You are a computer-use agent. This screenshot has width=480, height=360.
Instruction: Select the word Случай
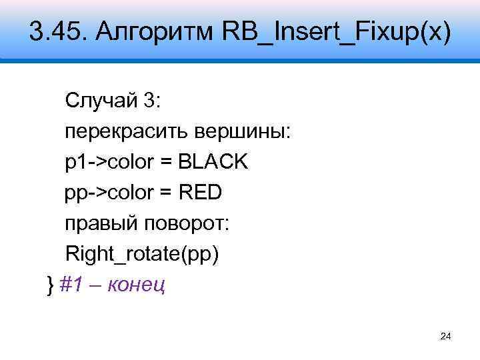pos(99,101)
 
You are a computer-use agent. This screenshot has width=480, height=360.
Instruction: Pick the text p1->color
pos(110,162)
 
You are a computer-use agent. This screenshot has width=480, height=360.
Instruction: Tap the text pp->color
pos(111,193)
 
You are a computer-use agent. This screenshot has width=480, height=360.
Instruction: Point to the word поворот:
pos(185,223)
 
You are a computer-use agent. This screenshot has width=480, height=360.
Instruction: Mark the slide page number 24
pos(446,337)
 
